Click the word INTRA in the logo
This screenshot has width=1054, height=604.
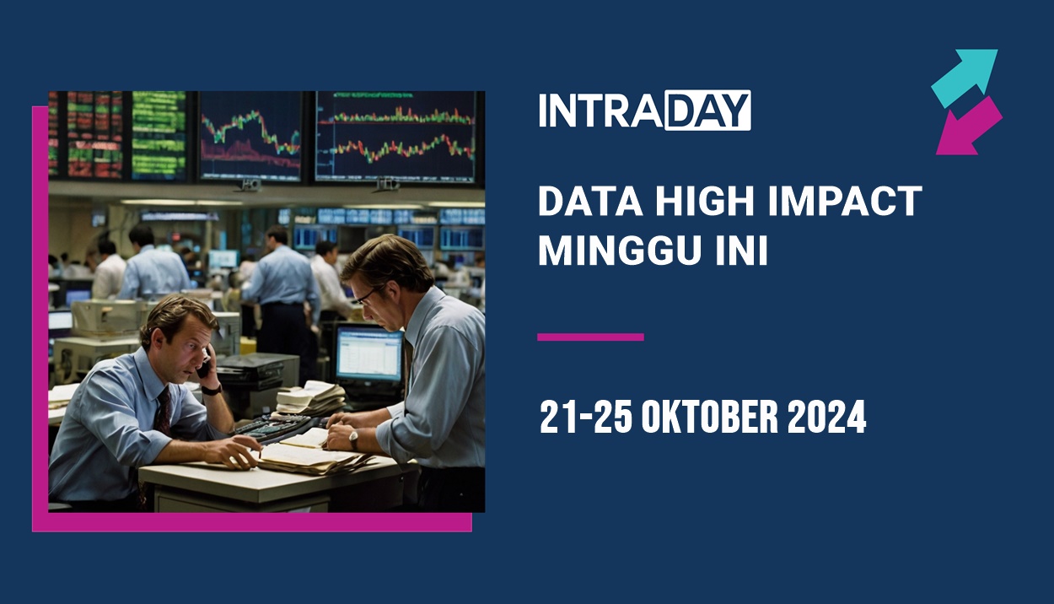tap(600, 111)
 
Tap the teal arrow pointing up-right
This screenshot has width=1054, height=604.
tap(967, 76)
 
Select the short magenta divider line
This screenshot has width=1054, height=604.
tap(590, 337)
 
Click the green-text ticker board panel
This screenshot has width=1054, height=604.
tap(159, 135)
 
